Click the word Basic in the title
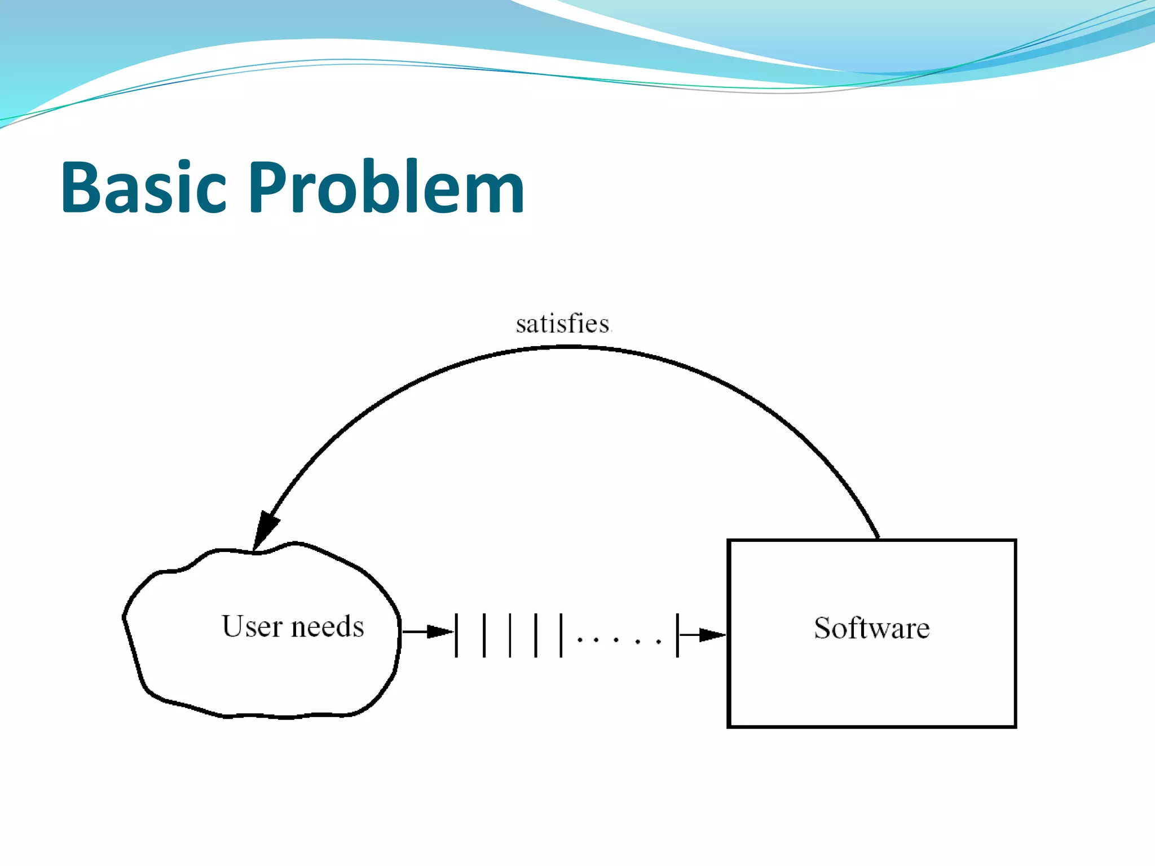(143, 187)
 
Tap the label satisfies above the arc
(563, 324)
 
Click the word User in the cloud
(252, 626)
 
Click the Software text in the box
(871, 628)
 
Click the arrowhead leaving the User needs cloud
(439, 631)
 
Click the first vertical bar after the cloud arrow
(456, 635)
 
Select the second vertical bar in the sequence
(484, 635)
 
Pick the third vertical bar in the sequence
(510, 635)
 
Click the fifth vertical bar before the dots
(561, 635)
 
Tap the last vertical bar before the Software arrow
(677, 635)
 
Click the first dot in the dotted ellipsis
(579, 640)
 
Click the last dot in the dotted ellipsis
(658, 640)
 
